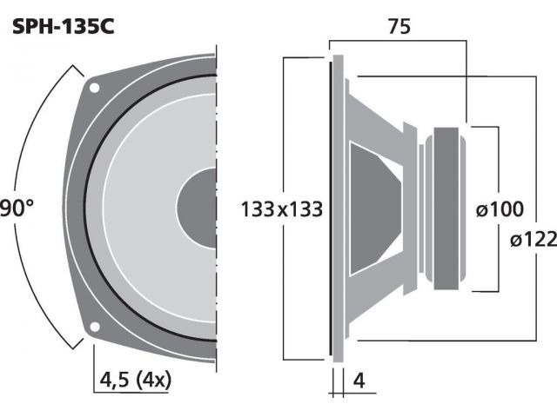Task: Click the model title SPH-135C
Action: coord(64,26)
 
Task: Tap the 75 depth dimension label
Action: coord(399,26)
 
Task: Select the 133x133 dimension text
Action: coord(282,208)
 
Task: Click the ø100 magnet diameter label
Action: coord(500,208)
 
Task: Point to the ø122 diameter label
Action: coord(534,240)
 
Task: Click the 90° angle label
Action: coord(17,208)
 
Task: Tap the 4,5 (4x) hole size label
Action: coord(136,381)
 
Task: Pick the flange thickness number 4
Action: coord(359,381)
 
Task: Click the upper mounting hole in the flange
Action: coord(94,88)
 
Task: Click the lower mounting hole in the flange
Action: coord(94,327)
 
